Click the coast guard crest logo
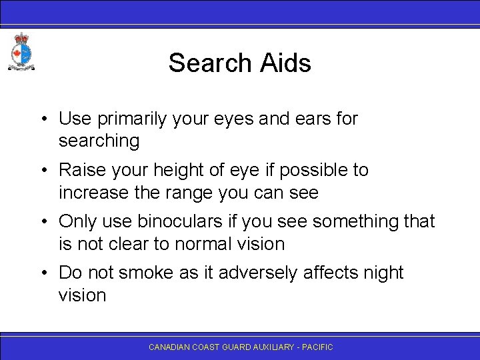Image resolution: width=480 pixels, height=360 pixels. coord(21,52)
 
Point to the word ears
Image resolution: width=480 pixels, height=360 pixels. coord(311,119)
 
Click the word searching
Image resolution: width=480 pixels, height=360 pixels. coord(99,141)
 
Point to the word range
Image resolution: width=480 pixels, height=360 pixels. coord(196,193)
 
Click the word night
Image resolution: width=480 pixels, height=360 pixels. coord(380,273)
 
